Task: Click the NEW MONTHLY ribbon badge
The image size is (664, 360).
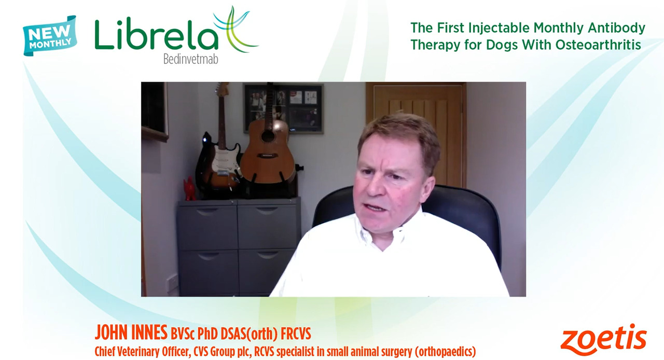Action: pyautogui.click(x=50, y=36)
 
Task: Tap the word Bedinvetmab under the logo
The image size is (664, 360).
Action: pyautogui.click(x=190, y=59)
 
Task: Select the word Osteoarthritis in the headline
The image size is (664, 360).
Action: pyautogui.click(x=598, y=45)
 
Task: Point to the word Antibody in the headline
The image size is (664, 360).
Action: pyautogui.click(x=617, y=28)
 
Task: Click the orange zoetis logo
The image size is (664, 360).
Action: pyautogui.click(x=603, y=340)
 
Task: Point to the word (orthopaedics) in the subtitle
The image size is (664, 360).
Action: pyautogui.click(x=445, y=352)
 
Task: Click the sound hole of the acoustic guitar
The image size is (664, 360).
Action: pyautogui.click(x=268, y=136)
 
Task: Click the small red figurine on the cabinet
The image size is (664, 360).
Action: pyautogui.click(x=189, y=189)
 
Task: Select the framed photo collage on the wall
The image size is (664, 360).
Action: pyautogui.click(x=283, y=108)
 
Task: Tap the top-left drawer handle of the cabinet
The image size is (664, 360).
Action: pyautogui.click(x=207, y=211)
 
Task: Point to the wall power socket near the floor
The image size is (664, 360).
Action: pyautogui.click(x=172, y=283)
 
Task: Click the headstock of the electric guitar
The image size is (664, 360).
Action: pyautogui.click(x=223, y=90)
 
